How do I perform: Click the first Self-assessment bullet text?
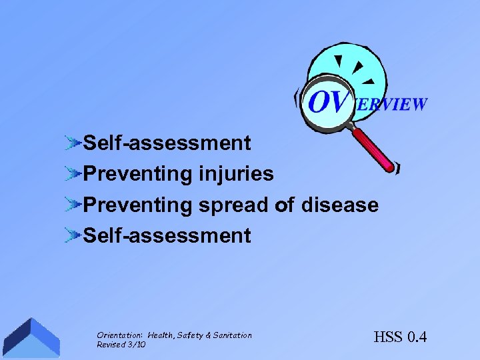pyautogui.click(x=167, y=143)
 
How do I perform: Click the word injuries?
pyautogui.click(x=236, y=174)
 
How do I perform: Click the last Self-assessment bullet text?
pyautogui.click(x=167, y=235)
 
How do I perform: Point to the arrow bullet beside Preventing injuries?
pyautogui.click(x=73, y=174)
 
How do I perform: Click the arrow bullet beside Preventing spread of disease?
pyautogui.click(x=73, y=205)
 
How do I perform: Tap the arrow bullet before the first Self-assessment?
pyautogui.click(x=73, y=143)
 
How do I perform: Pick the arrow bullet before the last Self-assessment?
pyautogui.click(x=73, y=235)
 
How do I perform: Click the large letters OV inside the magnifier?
pyautogui.click(x=329, y=102)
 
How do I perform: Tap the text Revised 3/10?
pyautogui.click(x=121, y=345)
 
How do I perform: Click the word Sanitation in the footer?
pyautogui.click(x=233, y=335)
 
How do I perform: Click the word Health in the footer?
pyautogui.click(x=161, y=335)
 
